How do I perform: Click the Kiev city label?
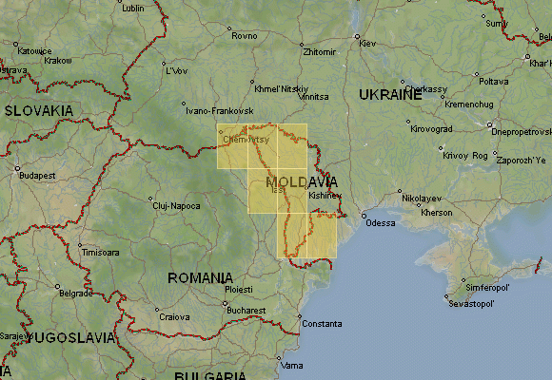tap(367, 44)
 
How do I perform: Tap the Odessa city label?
tap(380, 223)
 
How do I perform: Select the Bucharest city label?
tap(246, 311)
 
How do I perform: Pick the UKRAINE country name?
tap(390, 95)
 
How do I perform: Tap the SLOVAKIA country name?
tap(39, 110)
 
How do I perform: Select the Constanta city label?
tap(322, 324)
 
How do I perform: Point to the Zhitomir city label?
tap(319, 51)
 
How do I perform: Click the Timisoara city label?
tap(100, 254)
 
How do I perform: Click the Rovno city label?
tap(245, 36)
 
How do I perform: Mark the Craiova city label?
tap(173, 317)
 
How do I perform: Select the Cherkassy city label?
tap(429, 89)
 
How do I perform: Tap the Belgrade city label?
tap(75, 294)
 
